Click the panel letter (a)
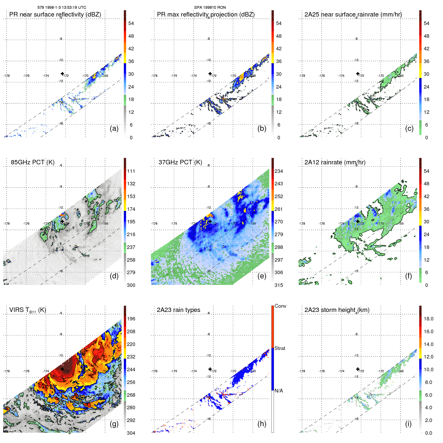click(114, 129)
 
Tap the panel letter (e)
click(262, 276)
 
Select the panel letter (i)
click(408, 424)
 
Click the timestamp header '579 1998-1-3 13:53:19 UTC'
click(62, 8)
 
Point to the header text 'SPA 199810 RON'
click(210, 8)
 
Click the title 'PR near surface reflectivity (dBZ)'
click(55, 15)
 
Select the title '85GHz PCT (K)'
click(33, 162)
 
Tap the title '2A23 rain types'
click(178, 310)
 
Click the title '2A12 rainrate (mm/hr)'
click(335, 162)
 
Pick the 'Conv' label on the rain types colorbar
click(280, 306)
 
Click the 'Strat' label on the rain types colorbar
click(280, 348)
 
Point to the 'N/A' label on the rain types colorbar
click(279, 391)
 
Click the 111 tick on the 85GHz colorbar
click(131, 171)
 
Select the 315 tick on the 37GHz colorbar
click(279, 285)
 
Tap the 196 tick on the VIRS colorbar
click(131, 319)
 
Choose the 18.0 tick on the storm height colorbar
click(428, 319)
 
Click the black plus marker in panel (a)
click(62, 74)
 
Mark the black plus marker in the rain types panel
click(210, 369)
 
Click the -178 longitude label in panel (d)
click(7, 224)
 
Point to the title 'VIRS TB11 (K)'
click(28, 310)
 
